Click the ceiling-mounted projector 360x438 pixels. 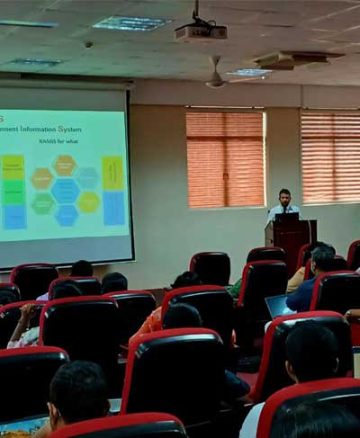point(200,31)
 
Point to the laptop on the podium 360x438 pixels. point(287,217)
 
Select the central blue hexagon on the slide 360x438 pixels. point(66,190)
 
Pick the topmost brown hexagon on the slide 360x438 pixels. point(65,165)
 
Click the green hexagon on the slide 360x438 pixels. point(42,204)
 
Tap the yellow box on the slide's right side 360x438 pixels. point(112,173)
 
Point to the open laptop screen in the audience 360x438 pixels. point(280,306)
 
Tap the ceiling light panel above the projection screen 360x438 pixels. point(131,23)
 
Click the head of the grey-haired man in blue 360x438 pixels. point(321,258)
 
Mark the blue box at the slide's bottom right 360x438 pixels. point(114,208)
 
